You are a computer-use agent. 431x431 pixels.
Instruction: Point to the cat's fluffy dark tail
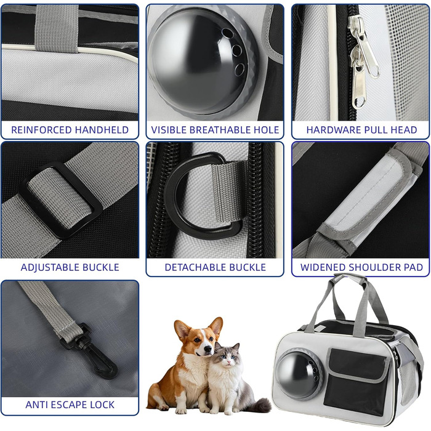pyautogui.click(x=257, y=405)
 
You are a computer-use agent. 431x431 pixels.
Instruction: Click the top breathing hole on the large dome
pyautogui.click(x=228, y=33)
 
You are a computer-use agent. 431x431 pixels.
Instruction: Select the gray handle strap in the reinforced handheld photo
pyautogui.click(x=57, y=28)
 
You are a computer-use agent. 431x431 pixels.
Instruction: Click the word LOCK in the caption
pyautogui.click(x=104, y=405)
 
